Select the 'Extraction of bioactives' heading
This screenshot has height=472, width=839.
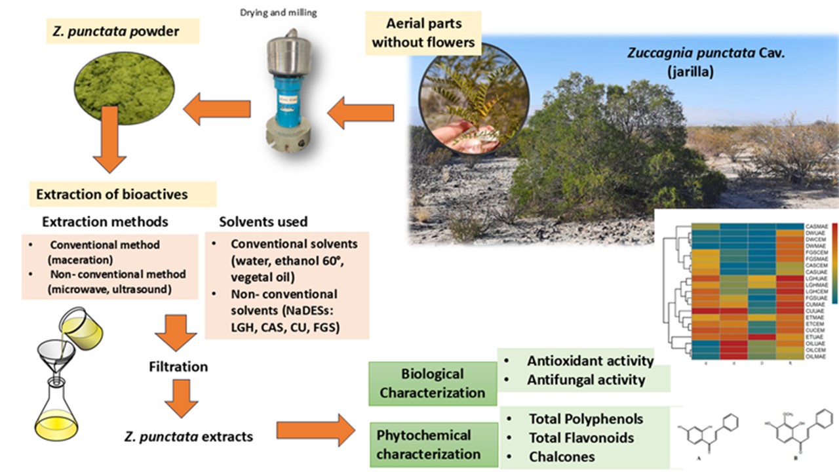tap(112, 194)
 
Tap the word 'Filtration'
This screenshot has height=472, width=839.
tap(178, 366)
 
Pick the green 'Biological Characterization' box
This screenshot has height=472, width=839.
tap(433, 383)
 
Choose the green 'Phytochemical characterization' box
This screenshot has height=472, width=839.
tap(433, 444)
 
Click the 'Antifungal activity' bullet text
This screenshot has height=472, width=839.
tap(586, 379)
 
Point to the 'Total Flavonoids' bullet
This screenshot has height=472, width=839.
tap(581, 437)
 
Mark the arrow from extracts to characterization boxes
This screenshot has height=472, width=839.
tap(316, 431)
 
